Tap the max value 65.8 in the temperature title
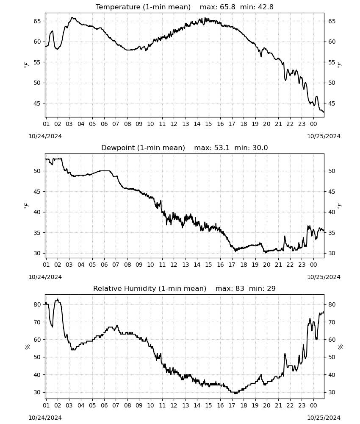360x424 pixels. (228, 7)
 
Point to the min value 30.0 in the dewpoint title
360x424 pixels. (260, 148)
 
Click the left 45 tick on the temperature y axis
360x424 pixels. (37, 103)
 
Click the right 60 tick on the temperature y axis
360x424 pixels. (332, 42)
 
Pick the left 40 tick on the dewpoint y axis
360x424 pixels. (37, 212)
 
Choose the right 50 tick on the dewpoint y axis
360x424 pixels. (332, 171)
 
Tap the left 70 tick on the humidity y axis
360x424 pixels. (37, 322)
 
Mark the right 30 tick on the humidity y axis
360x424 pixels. (332, 392)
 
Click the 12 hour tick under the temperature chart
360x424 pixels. (174, 124)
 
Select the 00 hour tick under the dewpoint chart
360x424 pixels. (313, 265)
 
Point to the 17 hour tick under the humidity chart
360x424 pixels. (232, 405)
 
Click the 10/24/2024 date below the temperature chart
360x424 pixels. (45, 136)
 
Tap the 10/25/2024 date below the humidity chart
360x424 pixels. (324, 418)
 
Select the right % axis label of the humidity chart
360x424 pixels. (340, 346)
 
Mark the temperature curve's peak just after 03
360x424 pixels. (72, 17)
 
